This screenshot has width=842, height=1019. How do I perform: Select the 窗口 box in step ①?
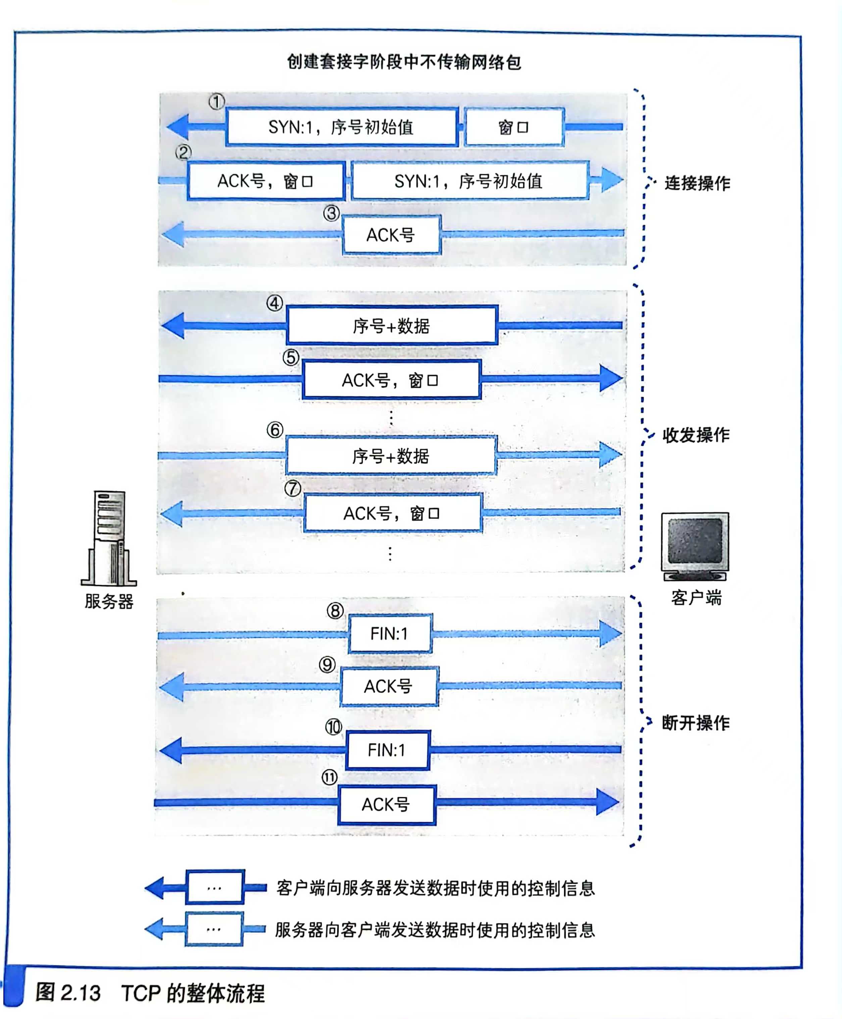click(514, 128)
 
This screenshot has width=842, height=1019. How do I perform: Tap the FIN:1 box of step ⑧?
click(390, 633)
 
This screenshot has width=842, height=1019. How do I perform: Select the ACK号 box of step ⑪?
click(387, 805)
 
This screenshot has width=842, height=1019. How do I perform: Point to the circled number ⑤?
click(291, 358)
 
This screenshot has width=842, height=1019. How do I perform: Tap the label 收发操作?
click(696, 435)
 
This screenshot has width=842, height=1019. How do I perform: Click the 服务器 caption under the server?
click(109, 601)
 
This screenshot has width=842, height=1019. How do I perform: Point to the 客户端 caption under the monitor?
click(696, 597)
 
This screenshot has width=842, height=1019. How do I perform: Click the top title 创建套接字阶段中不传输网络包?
click(404, 62)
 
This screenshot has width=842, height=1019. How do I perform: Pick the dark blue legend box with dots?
click(215, 887)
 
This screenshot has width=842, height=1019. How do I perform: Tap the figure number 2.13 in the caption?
click(81, 993)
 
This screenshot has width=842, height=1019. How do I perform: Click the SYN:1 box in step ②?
click(469, 181)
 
